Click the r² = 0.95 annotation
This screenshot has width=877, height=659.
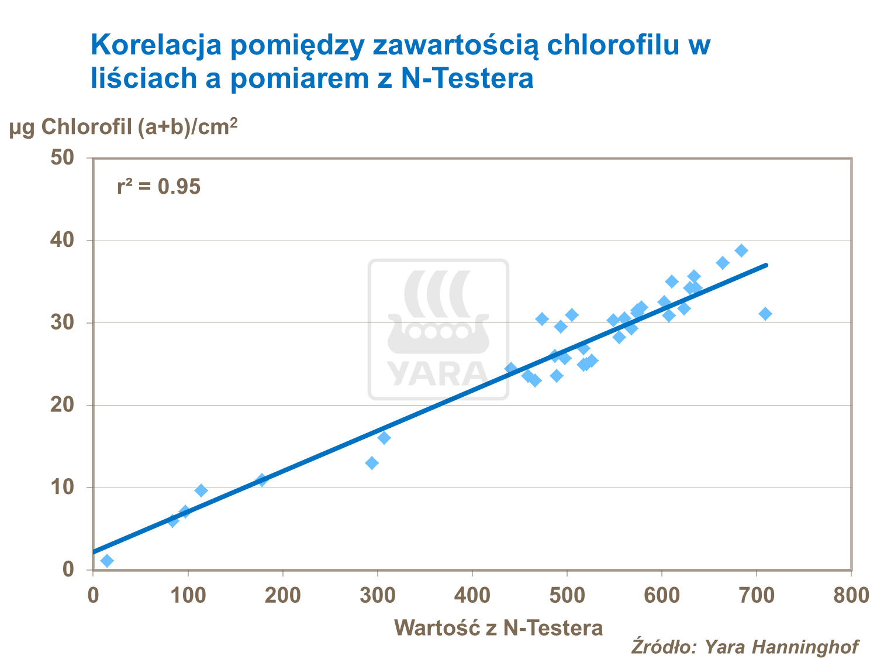[x=158, y=187]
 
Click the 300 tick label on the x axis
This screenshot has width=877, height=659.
[x=378, y=595]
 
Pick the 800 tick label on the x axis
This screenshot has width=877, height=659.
[x=851, y=595]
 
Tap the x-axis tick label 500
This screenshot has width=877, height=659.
[x=567, y=595]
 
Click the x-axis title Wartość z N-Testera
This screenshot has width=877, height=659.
[x=498, y=627]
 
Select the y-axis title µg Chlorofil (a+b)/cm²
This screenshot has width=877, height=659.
[x=123, y=126]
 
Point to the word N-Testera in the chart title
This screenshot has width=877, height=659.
[x=467, y=78]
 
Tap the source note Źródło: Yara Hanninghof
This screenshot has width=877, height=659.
[x=744, y=646]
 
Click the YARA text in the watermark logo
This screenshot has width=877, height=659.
[x=438, y=374]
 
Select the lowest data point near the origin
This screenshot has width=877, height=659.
[x=107, y=561]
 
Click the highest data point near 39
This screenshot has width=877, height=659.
[x=741, y=250]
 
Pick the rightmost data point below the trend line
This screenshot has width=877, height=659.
[x=765, y=314]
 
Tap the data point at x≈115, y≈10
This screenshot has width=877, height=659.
[x=201, y=490]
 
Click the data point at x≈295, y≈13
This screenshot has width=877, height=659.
[x=372, y=463]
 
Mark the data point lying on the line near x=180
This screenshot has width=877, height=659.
[x=262, y=480]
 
